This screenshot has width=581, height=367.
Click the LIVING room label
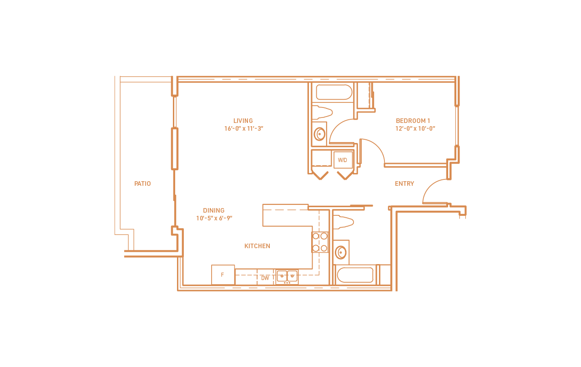tap(243, 121)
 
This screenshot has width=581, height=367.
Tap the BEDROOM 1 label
tap(413, 121)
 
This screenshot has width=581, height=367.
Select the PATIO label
tap(142, 183)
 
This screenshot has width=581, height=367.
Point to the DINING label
tap(214, 210)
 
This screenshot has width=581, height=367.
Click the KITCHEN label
tap(257, 246)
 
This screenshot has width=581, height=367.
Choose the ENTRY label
tap(404, 183)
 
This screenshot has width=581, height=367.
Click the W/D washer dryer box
tap(343, 160)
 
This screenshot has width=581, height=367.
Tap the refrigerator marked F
tap(222, 275)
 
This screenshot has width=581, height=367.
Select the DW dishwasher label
tap(265, 277)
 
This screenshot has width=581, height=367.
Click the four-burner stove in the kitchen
tap(320, 242)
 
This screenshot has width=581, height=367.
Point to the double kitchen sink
tap(287, 276)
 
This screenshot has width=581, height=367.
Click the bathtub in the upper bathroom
tap(334, 92)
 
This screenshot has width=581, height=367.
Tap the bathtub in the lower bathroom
tap(355, 275)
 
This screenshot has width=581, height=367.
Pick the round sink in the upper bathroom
tap(319, 134)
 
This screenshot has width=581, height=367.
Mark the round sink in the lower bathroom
tap(340, 252)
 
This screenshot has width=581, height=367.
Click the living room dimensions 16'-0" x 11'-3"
tap(244, 128)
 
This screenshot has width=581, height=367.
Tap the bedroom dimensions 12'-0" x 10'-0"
tap(415, 128)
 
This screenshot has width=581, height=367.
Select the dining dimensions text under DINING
tap(214, 218)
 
